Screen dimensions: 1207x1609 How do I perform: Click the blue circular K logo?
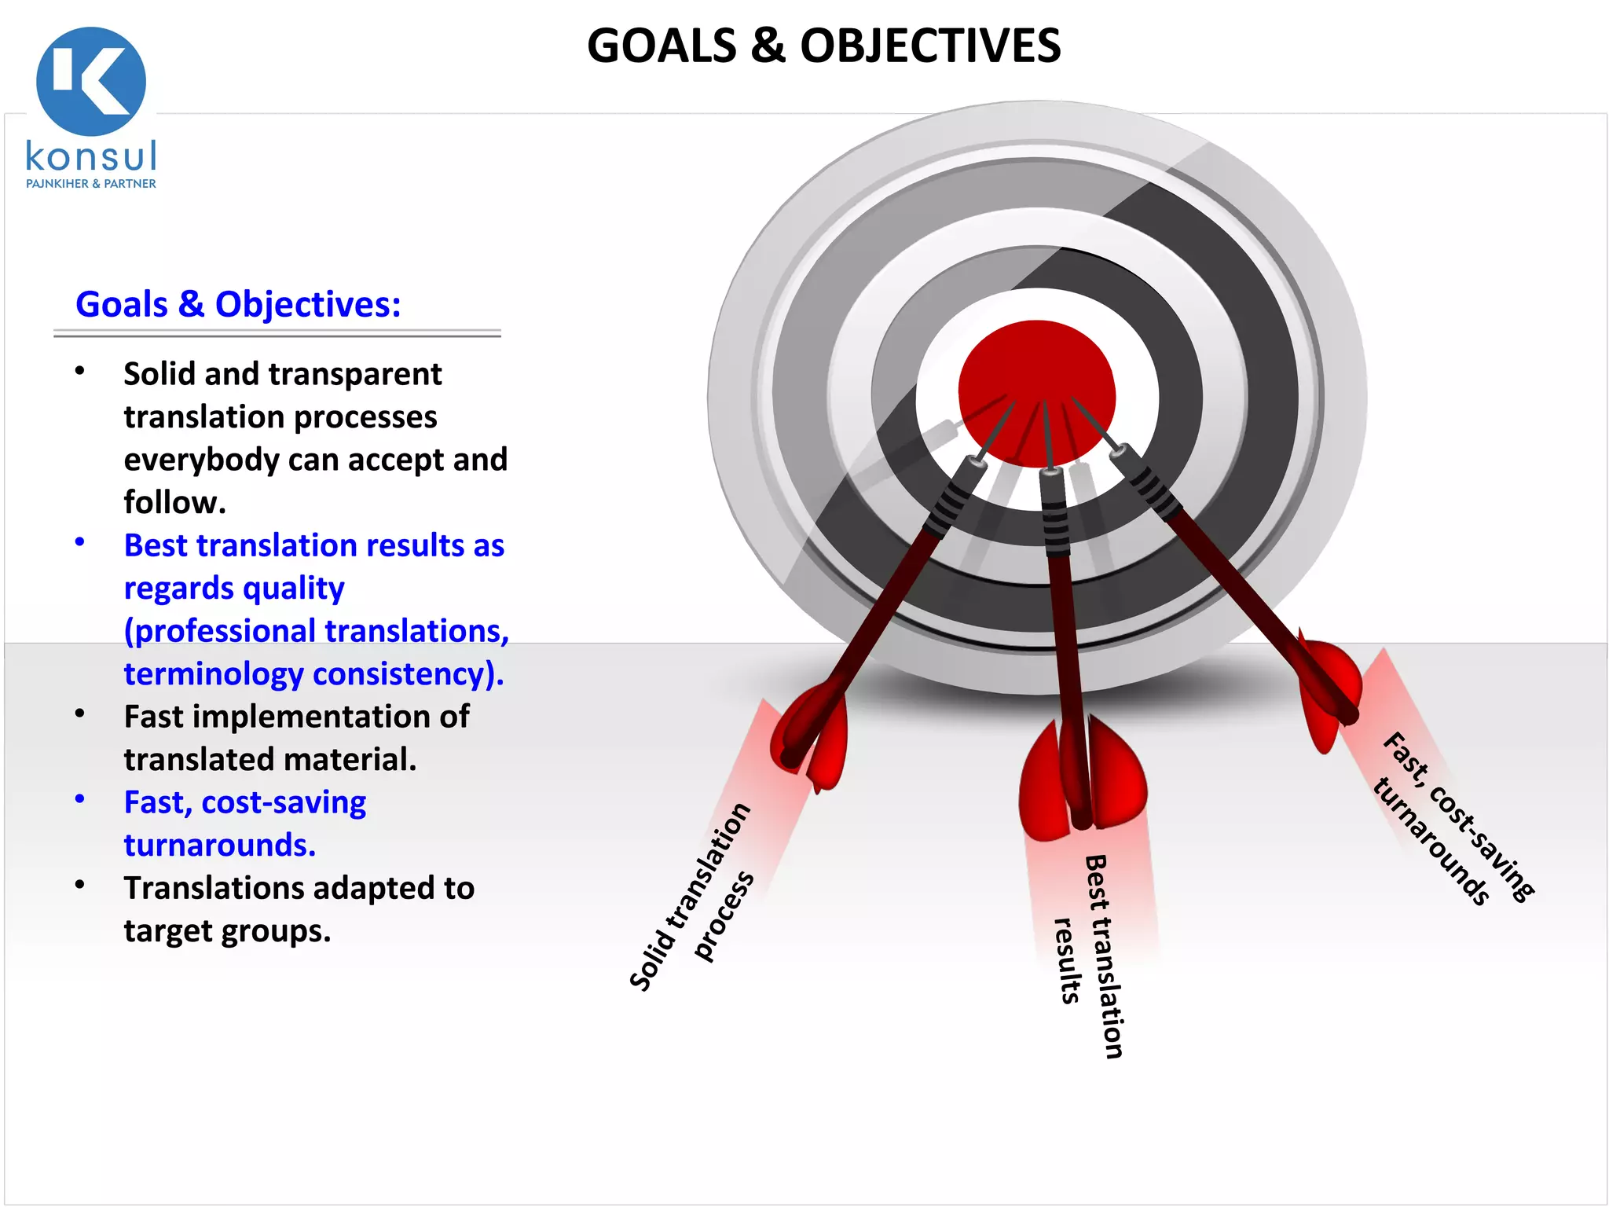[x=91, y=81]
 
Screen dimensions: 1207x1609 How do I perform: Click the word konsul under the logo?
[x=91, y=156]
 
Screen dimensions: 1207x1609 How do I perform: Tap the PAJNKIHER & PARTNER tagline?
[x=91, y=184]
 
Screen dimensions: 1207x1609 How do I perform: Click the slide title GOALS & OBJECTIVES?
[x=823, y=46]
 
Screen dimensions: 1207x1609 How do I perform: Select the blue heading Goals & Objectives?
[x=238, y=305]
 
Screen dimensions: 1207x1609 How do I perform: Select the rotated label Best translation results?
[x=1092, y=955]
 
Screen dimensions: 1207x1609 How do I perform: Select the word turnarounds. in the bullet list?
[x=220, y=846]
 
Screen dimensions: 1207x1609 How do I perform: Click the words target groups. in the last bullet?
[x=227, y=931]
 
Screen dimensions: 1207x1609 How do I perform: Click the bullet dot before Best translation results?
[x=79, y=542]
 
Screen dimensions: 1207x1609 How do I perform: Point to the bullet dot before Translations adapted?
[x=79, y=885]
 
